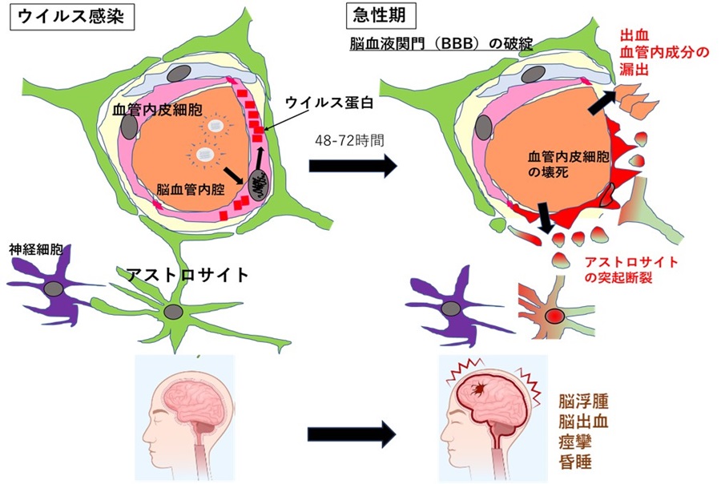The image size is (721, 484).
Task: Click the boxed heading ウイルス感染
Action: (x=71, y=15)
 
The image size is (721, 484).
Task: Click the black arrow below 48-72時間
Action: (x=352, y=166)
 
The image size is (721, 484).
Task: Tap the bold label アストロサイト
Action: (x=187, y=275)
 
